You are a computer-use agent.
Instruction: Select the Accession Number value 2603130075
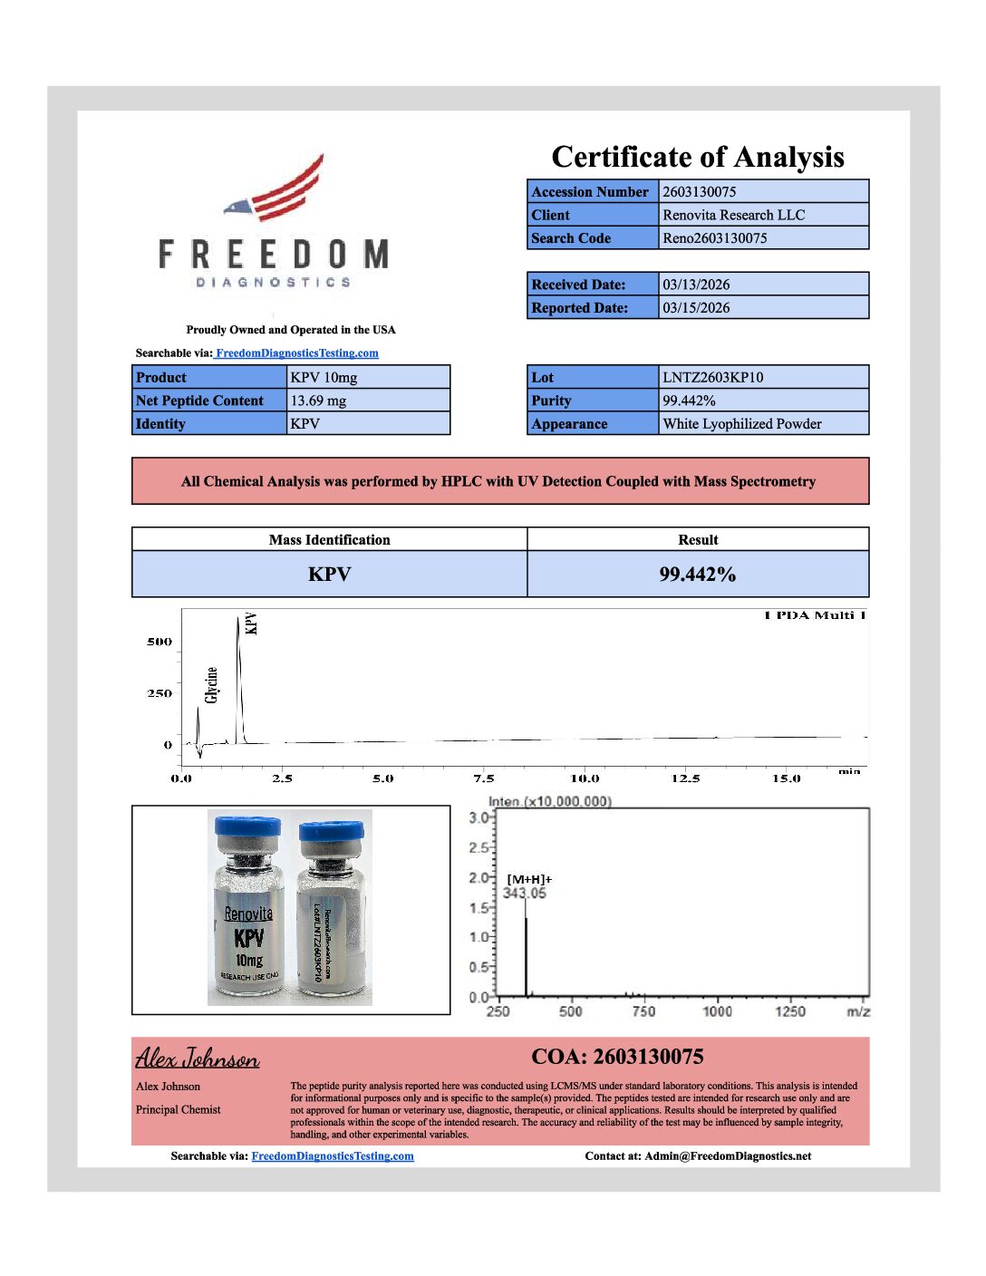pyautogui.click(x=699, y=192)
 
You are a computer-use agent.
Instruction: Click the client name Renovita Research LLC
pyautogui.click(x=733, y=215)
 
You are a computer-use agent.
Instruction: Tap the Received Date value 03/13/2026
pyautogui.click(x=696, y=285)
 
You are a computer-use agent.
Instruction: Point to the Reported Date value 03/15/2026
pyautogui.click(x=696, y=308)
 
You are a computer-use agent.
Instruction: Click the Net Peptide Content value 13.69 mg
pyautogui.click(x=318, y=401)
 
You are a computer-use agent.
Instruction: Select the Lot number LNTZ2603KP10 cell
pyautogui.click(x=712, y=378)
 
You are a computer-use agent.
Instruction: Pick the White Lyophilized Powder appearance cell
pyautogui.click(x=741, y=424)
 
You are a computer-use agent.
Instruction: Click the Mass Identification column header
pyautogui.click(x=329, y=540)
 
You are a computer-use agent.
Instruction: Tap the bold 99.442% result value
pyautogui.click(x=697, y=575)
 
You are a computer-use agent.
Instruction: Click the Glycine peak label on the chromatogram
pyautogui.click(x=212, y=685)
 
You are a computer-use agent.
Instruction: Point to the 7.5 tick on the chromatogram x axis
pyautogui.click(x=484, y=778)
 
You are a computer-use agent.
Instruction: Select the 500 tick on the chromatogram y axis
pyautogui.click(x=159, y=642)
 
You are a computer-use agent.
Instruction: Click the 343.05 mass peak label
pyautogui.click(x=525, y=894)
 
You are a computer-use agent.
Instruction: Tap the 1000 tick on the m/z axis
pyautogui.click(x=717, y=1011)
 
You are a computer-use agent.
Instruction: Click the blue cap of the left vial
pyautogui.click(x=247, y=826)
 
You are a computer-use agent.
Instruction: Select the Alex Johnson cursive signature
pyautogui.click(x=198, y=1058)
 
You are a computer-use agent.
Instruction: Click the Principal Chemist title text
pyautogui.click(x=179, y=1110)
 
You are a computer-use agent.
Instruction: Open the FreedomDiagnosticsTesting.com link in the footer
pyautogui.click(x=332, y=1156)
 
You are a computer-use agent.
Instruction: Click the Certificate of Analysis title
pyautogui.click(x=698, y=158)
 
